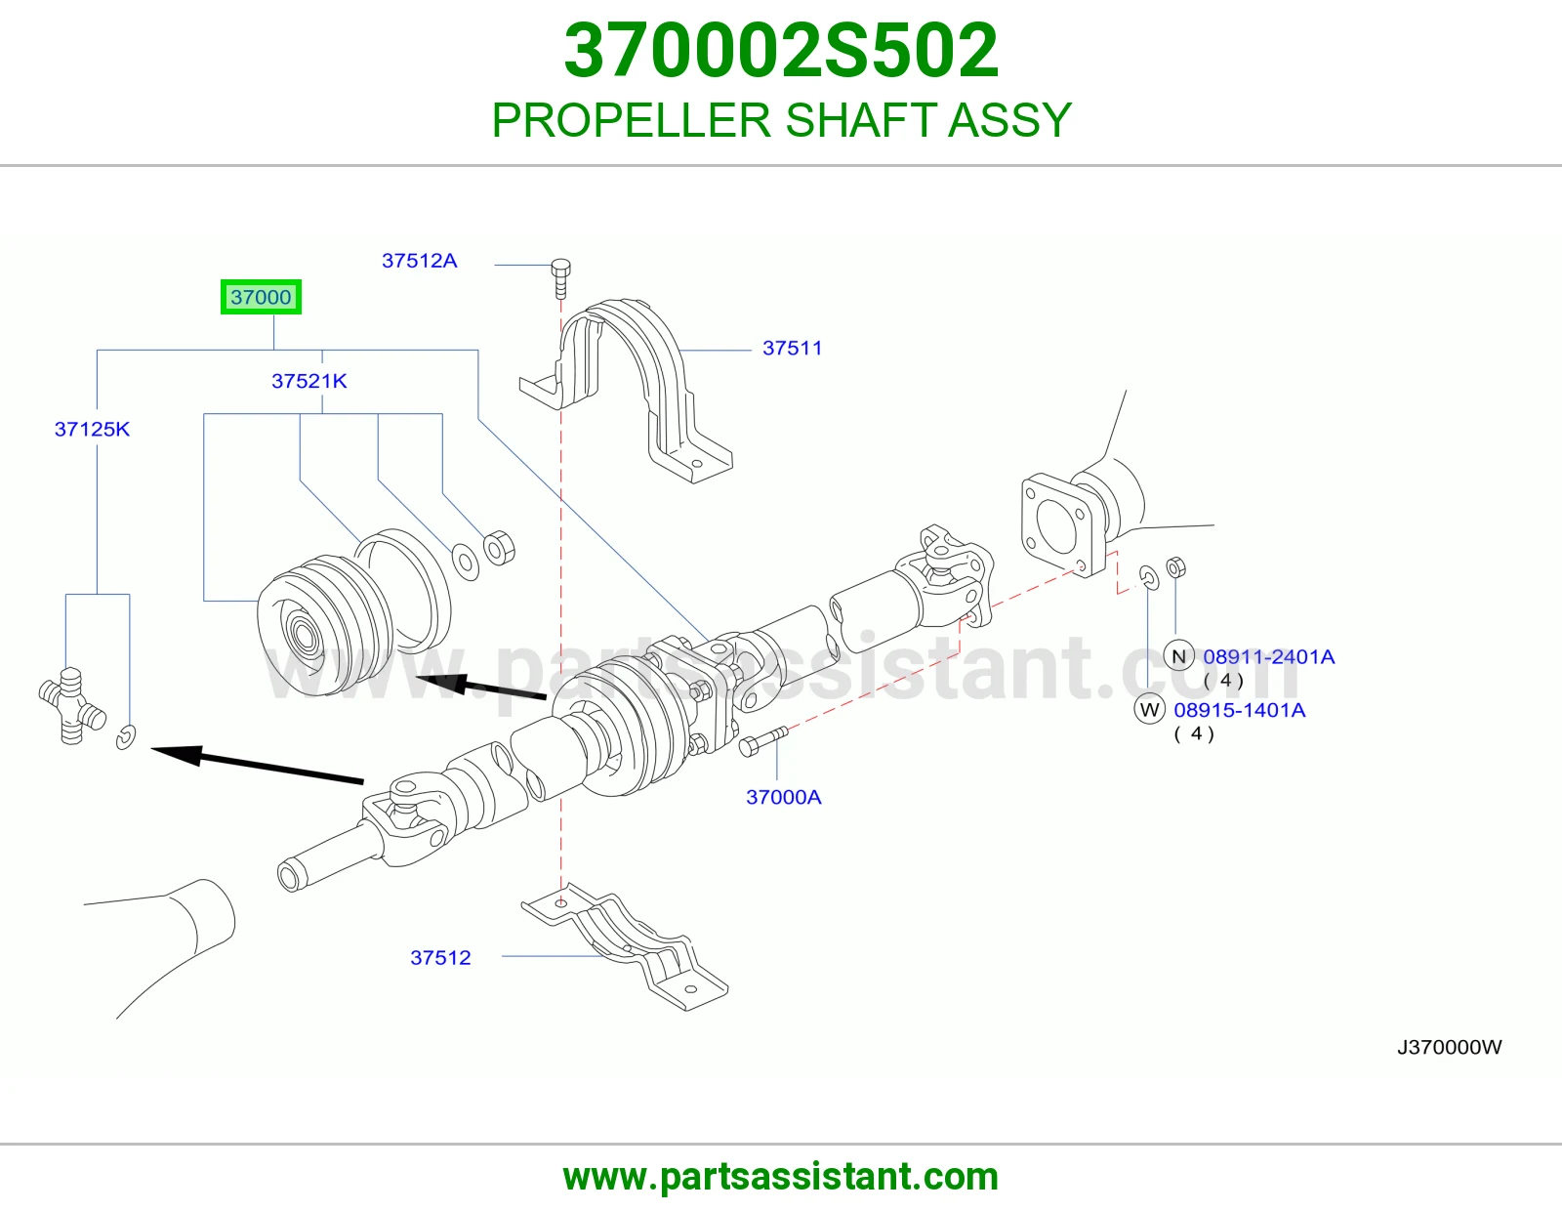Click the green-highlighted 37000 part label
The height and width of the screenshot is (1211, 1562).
pyautogui.click(x=261, y=297)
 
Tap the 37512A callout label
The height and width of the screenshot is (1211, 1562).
pyautogui.click(x=419, y=261)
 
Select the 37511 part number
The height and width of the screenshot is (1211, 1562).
pyautogui.click(x=792, y=348)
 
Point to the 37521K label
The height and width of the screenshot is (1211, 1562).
pyautogui.click(x=309, y=381)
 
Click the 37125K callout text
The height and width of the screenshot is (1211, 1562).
pyautogui.click(x=92, y=430)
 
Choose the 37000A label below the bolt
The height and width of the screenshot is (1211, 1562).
pyautogui.click(x=784, y=797)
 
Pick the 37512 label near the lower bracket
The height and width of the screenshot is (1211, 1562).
pyautogui.click(x=440, y=957)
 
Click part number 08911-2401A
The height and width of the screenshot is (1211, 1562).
pyautogui.click(x=1269, y=656)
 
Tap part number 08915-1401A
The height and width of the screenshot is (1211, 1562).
pyautogui.click(x=1239, y=710)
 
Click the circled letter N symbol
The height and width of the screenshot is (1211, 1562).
pyautogui.click(x=1179, y=656)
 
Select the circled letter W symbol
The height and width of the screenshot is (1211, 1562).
pyautogui.click(x=1149, y=709)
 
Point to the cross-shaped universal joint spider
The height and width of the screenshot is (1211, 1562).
pyautogui.click(x=72, y=705)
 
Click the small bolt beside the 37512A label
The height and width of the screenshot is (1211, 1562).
pyautogui.click(x=561, y=279)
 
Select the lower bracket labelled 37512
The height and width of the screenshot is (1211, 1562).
pyautogui.click(x=624, y=946)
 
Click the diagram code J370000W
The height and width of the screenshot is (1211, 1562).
pyautogui.click(x=1449, y=1047)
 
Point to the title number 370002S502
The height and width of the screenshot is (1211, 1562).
pyautogui.click(x=781, y=50)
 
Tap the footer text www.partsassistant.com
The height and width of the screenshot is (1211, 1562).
pyautogui.click(x=781, y=1177)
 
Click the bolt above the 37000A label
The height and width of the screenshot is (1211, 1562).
pyautogui.click(x=763, y=741)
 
